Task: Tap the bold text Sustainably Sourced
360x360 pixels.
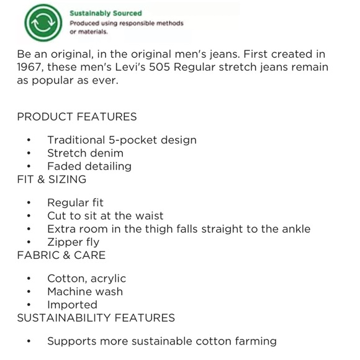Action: [106, 12]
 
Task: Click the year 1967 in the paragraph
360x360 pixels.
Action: [30, 67]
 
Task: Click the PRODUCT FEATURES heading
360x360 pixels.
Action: [77, 117]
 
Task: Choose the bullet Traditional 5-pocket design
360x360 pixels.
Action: [122, 140]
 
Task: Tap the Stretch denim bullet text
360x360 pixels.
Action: [85, 153]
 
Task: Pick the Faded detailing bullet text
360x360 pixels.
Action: [89, 166]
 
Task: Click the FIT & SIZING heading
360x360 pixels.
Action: [52, 179]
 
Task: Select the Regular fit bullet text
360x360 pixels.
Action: [75, 203]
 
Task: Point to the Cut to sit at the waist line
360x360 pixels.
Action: [106, 216]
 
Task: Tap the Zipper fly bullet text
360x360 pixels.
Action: [73, 242]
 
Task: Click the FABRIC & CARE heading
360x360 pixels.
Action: [61, 255]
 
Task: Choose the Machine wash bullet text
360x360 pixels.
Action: [85, 292]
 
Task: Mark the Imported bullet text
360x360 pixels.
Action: [72, 305]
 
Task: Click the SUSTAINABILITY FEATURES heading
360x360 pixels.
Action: [96, 318]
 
